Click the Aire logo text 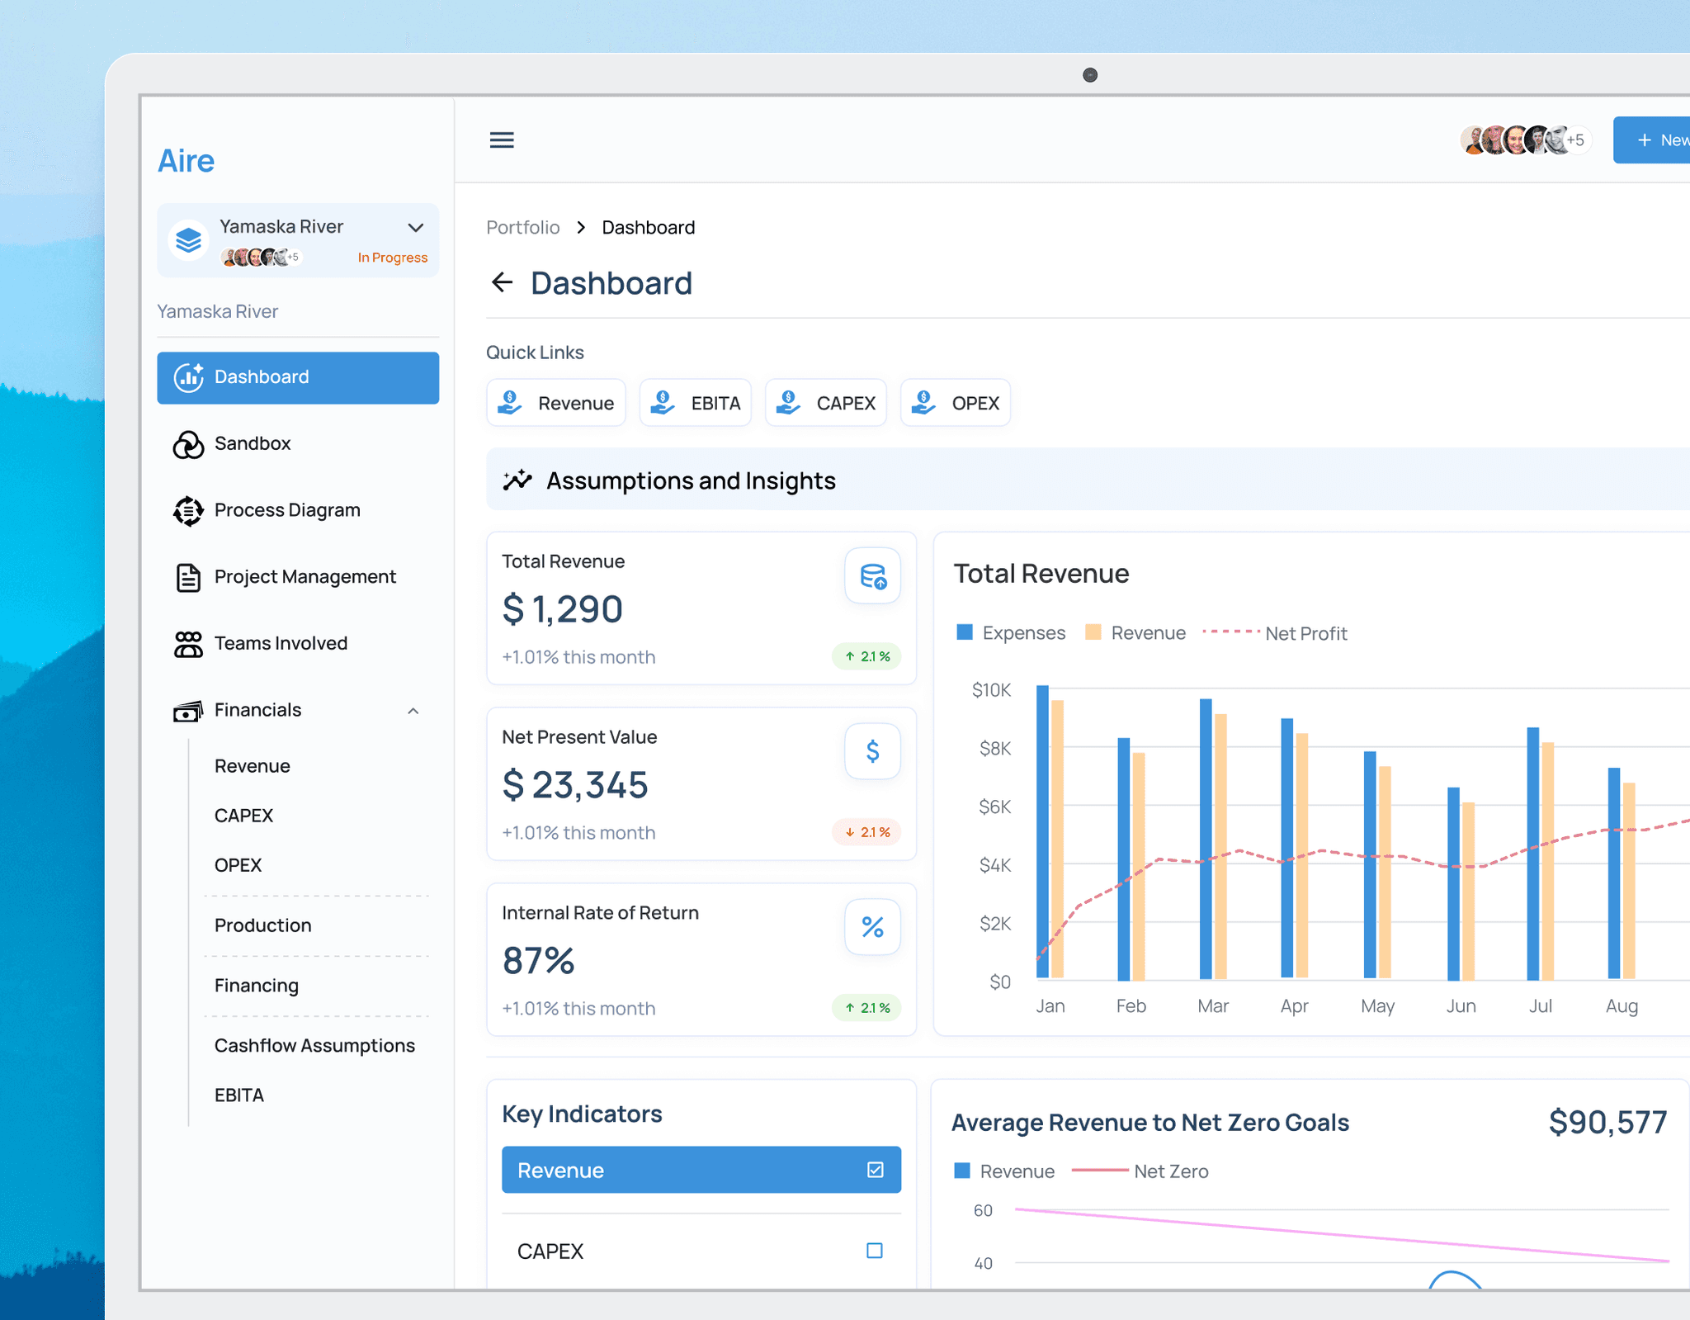point(186,161)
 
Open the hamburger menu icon point(502,140)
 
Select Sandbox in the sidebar point(253,443)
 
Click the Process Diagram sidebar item point(287,510)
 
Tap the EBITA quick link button point(696,403)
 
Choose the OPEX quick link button point(956,403)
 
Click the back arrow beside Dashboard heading point(502,282)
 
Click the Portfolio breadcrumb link point(522,227)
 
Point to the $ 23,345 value point(575,784)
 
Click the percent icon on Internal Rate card point(872,927)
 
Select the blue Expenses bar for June point(1453,884)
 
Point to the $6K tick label point(994,807)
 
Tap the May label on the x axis point(1377,1006)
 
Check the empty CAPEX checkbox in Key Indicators point(875,1251)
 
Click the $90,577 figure point(1607,1122)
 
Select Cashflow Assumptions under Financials point(314,1045)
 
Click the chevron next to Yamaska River point(416,227)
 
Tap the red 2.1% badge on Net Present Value point(866,832)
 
